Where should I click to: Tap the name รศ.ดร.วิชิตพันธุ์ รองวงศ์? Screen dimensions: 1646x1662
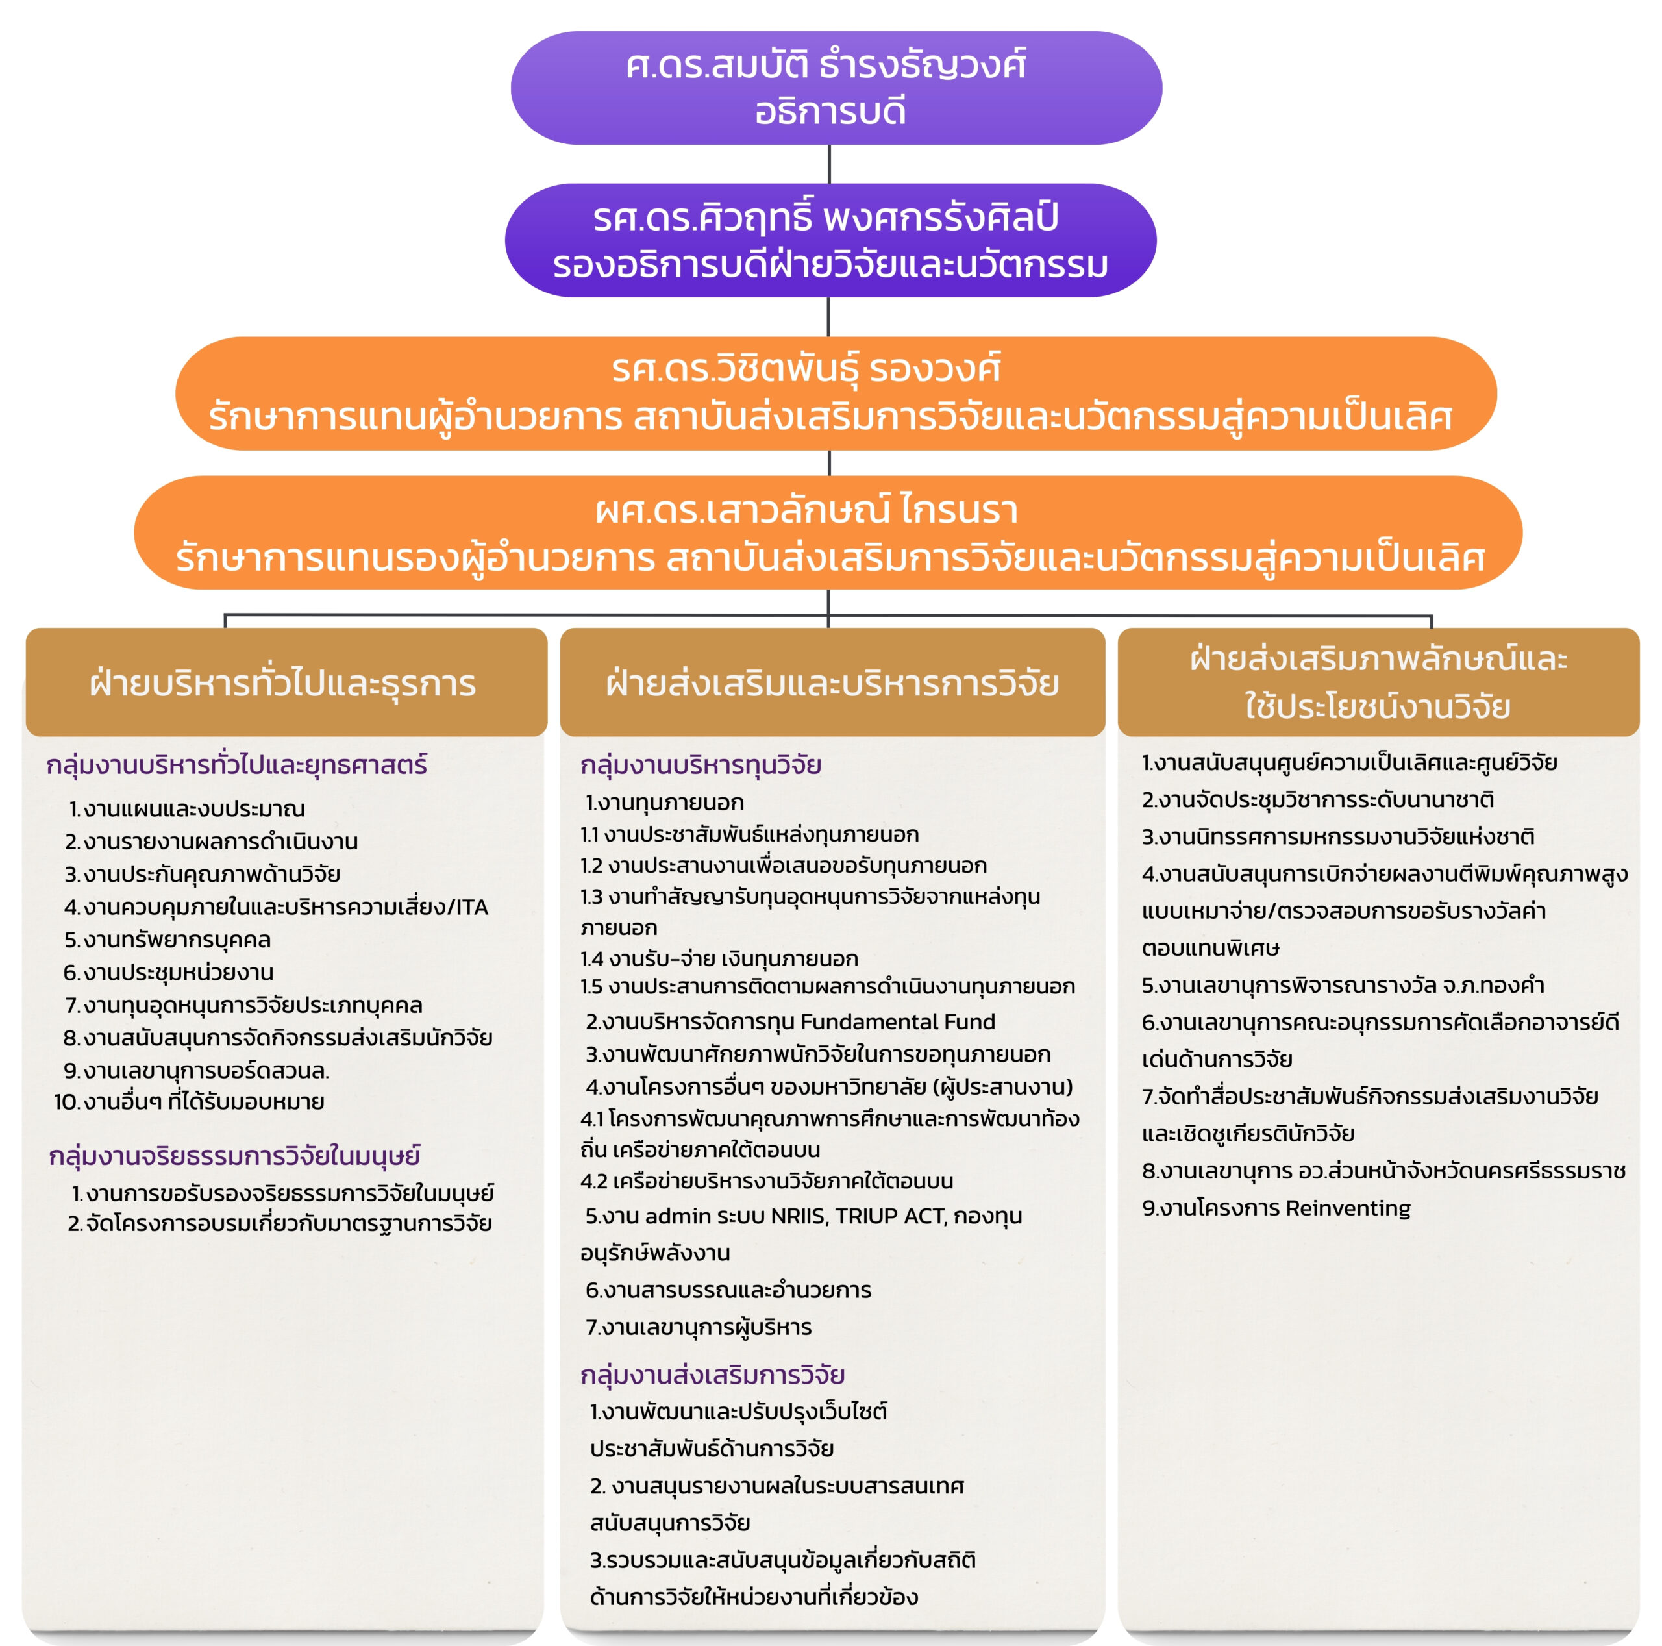[x=806, y=370]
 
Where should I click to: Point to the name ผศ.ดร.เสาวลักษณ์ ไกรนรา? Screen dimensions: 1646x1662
[x=806, y=511]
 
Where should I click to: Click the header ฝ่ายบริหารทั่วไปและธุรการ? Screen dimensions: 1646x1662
[x=283, y=684]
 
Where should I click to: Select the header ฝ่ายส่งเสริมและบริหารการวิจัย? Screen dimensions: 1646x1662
[x=832, y=684]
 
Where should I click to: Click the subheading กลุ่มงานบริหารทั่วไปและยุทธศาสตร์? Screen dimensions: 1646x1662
[x=236, y=765]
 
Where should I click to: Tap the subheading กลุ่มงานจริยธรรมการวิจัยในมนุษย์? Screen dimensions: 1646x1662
[x=234, y=1156]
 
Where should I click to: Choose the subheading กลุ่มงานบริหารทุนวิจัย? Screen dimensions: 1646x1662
[x=701, y=765]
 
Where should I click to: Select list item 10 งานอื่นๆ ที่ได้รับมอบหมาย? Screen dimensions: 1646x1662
[x=190, y=1103]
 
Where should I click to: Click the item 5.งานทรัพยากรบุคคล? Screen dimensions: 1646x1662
[x=167, y=940]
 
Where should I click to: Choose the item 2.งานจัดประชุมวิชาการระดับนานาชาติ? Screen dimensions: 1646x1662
[x=1317, y=800]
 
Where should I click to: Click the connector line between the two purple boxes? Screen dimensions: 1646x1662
[x=828, y=164]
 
